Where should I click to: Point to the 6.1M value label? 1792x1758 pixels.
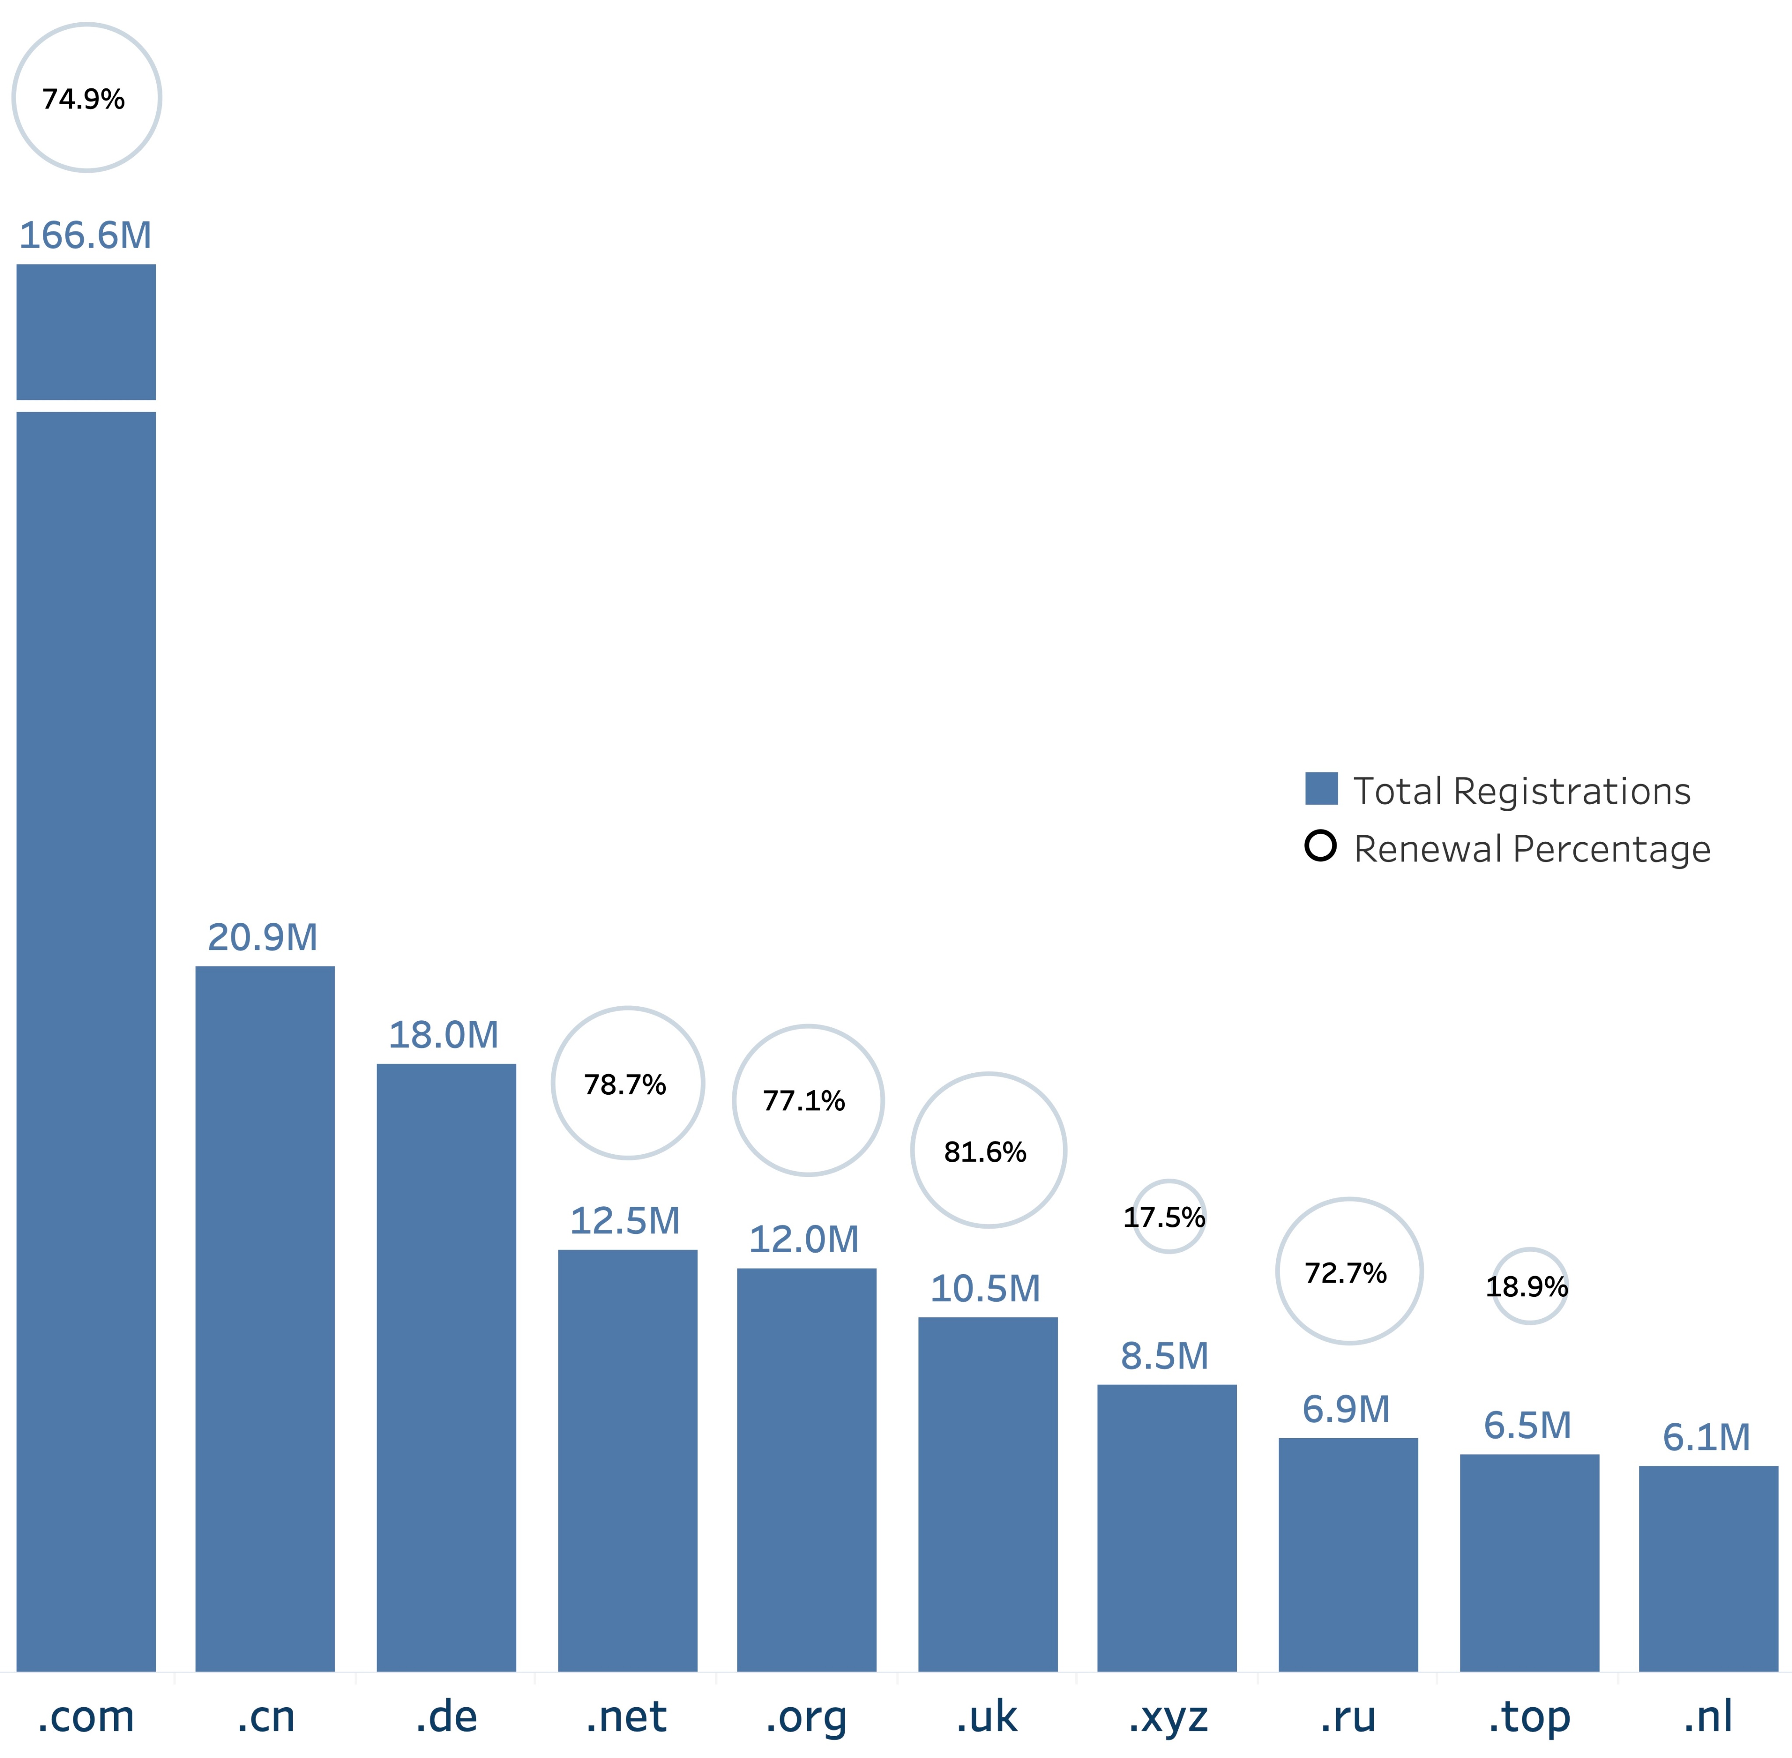1706,1438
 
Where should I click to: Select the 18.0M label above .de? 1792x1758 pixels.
443,1035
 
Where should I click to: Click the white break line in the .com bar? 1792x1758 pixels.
86,406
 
